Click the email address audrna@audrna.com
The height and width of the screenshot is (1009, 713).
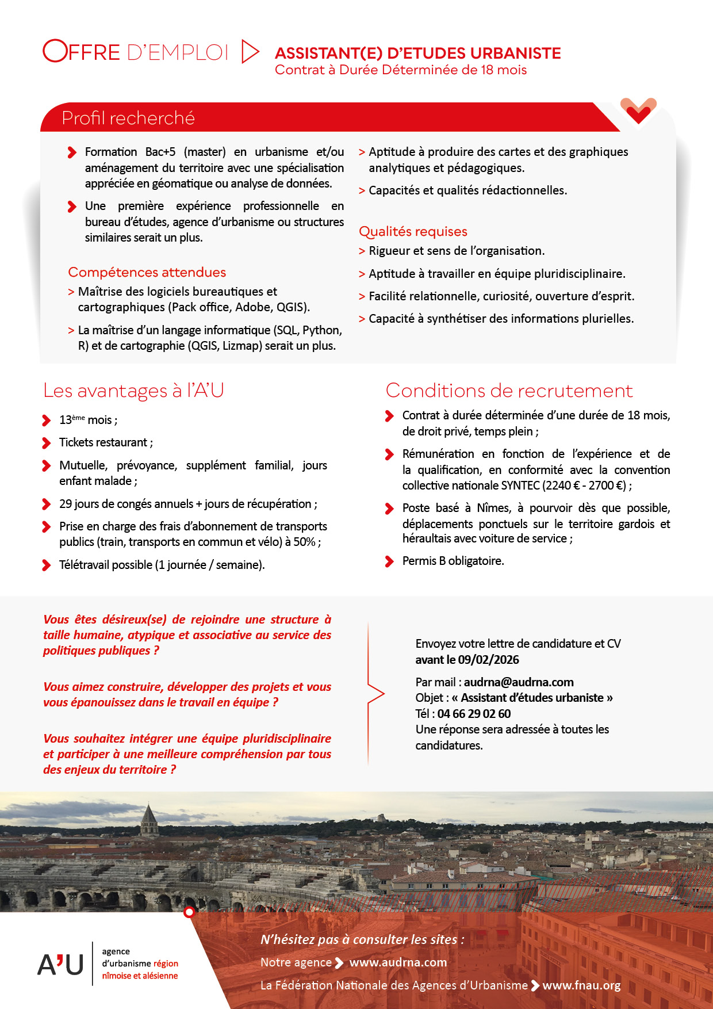pos(519,682)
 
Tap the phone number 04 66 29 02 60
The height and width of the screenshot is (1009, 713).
pos(474,714)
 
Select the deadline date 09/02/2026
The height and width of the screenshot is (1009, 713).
pos(488,660)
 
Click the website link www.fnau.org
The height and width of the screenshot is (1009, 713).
pos(581,985)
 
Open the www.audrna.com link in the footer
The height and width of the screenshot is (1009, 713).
pos(398,962)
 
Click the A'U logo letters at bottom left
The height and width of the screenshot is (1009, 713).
pos(60,964)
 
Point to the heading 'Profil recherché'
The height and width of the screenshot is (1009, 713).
pos(128,118)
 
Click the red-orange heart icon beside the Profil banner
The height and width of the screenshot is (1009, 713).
pos(638,110)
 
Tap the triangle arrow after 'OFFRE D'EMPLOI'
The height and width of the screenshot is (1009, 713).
pos(250,52)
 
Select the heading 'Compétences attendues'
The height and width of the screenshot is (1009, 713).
pos(147,272)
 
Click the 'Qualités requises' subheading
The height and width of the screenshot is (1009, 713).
pos(413,231)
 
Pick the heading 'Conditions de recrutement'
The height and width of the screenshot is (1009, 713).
pos(509,391)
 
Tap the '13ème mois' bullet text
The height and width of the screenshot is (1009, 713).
pos(88,420)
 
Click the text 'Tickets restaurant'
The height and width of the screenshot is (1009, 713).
pos(103,442)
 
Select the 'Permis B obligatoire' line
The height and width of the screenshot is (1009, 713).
pos(453,561)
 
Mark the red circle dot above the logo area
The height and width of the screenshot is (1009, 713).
pos(189,912)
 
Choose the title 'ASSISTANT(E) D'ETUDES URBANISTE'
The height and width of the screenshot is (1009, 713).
pos(417,53)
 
